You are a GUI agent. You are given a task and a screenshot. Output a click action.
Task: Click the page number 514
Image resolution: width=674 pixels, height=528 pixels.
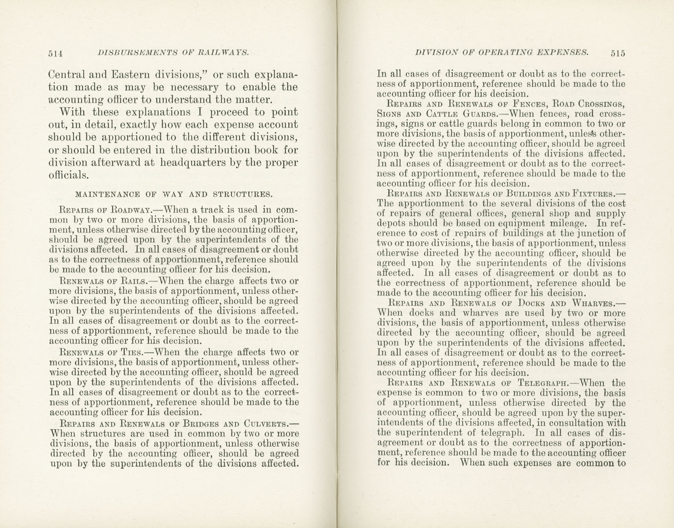click(55, 54)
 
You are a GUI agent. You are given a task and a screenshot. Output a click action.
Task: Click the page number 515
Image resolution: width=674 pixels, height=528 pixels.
click(618, 53)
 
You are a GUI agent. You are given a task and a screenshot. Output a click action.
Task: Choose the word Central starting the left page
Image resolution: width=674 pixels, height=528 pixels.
click(66, 75)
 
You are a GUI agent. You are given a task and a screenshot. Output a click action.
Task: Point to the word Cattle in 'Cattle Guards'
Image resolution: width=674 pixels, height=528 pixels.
click(439, 114)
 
